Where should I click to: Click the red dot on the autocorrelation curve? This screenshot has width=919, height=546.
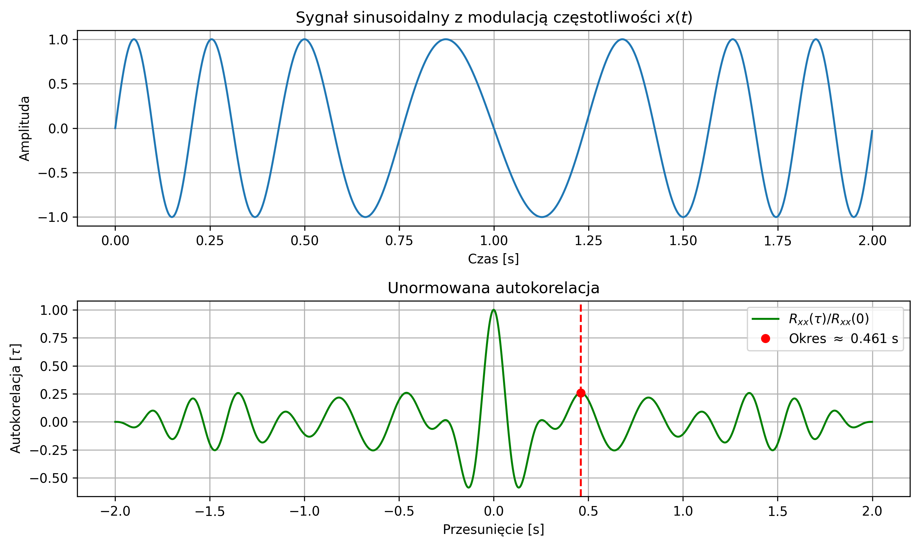pyautogui.click(x=581, y=393)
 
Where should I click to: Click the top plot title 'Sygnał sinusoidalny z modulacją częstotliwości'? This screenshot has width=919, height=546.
pyautogui.click(x=494, y=18)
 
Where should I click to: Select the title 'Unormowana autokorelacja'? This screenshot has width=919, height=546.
pyautogui.click(x=494, y=288)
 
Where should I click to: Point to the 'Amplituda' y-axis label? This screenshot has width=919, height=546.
pyautogui.click(x=25, y=128)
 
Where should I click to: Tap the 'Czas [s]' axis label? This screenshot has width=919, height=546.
pyautogui.click(x=493, y=259)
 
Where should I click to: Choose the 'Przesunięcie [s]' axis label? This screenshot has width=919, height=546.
pyautogui.click(x=493, y=530)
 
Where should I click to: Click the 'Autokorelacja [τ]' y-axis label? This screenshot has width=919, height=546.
pyautogui.click(x=16, y=398)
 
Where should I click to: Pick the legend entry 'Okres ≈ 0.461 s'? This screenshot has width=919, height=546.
pyautogui.click(x=843, y=338)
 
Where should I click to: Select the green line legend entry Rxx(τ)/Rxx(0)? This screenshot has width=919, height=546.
pyautogui.click(x=828, y=319)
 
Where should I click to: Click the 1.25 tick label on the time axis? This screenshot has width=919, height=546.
pyautogui.click(x=588, y=241)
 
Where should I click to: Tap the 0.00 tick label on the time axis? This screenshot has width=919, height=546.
pyautogui.click(x=115, y=241)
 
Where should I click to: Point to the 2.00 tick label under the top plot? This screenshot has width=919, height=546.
pyautogui.click(x=872, y=241)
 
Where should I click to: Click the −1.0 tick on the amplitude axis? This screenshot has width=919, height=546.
pyautogui.click(x=53, y=218)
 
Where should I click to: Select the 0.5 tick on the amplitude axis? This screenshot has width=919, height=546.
pyautogui.click(x=58, y=84)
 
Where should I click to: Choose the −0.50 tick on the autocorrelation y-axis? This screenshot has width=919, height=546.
pyautogui.click(x=49, y=478)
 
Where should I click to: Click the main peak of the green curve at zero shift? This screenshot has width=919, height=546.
pyautogui.click(x=494, y=310)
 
